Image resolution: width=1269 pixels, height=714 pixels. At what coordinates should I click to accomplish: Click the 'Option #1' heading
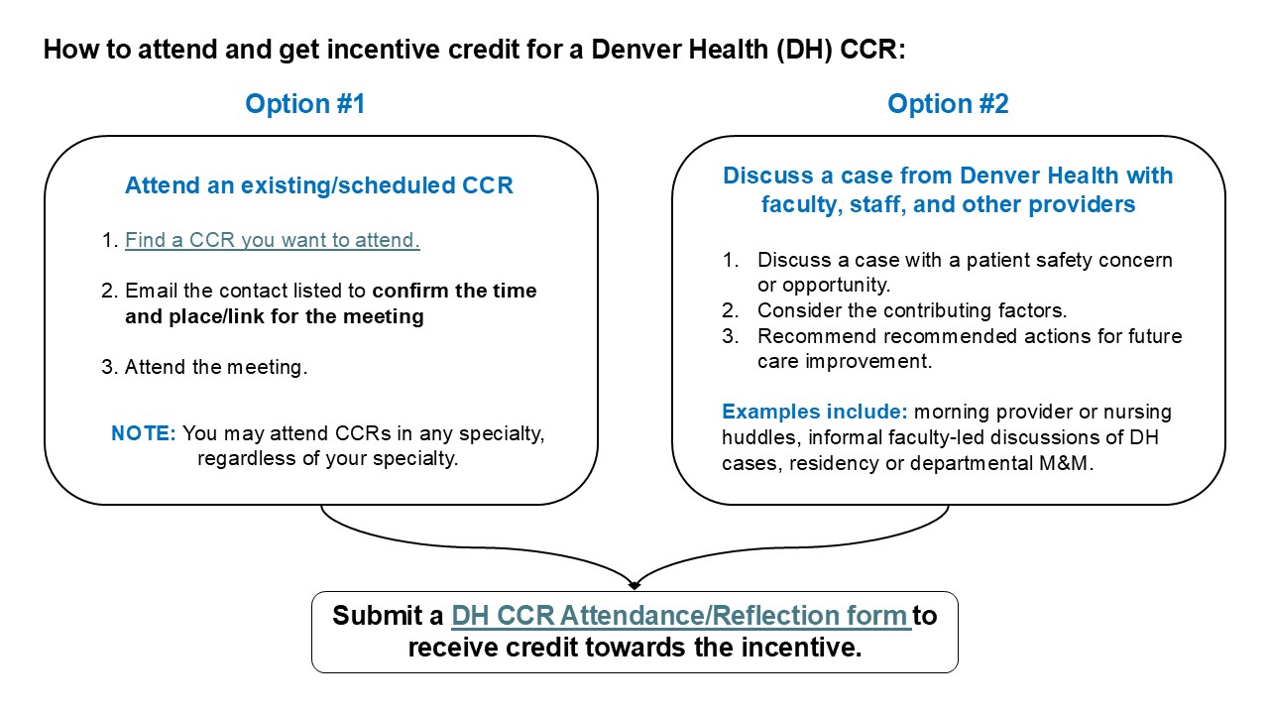click(305, 104)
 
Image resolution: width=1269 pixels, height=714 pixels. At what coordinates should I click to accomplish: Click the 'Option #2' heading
click(948, 104)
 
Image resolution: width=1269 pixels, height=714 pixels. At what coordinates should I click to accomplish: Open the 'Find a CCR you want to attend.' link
click(273, 240)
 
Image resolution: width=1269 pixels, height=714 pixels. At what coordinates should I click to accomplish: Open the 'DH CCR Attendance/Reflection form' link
click(680, 616)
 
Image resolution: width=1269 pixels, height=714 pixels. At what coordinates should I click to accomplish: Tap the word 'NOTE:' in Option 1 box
click(143, 434)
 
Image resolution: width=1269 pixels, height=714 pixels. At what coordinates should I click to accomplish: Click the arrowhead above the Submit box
click(634, 583)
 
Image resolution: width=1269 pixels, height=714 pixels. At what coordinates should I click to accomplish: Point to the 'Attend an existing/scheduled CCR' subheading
click(319, 185)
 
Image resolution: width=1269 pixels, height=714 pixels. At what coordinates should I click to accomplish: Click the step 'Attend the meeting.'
click(216, 367)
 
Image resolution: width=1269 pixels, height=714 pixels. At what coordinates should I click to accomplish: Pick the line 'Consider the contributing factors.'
click(912, 310)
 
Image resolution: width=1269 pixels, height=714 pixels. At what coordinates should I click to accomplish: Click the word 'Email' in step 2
click(150, 292)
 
